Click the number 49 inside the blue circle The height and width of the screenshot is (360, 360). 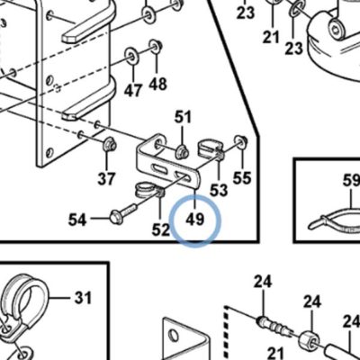click(194, 220)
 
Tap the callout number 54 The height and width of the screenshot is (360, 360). click(77, 220)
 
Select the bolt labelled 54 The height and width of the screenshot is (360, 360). click(123, 212)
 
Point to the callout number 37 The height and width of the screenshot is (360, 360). click(106, 179)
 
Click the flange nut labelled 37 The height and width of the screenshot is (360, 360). click(110, 144)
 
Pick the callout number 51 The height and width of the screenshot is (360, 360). click(183, 117)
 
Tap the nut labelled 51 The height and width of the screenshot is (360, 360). click(183, 151)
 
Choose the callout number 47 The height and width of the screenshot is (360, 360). click(133, 91)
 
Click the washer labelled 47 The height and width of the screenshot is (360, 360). click(131, 55)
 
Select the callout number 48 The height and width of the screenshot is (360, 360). click(157, 84)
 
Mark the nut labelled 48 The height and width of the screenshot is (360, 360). click(156, 47)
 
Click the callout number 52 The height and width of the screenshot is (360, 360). click(161, 230)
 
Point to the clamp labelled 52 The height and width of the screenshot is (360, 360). click(148, 191)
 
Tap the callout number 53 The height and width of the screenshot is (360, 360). click(219, 191)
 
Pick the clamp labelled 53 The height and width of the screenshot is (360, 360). click(210, 147)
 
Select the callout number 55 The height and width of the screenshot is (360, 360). click(242, 178)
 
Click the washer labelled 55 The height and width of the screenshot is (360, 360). click(241, 141)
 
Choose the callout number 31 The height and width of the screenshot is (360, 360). click(83, 298)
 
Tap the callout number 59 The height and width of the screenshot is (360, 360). click(351, 181)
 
